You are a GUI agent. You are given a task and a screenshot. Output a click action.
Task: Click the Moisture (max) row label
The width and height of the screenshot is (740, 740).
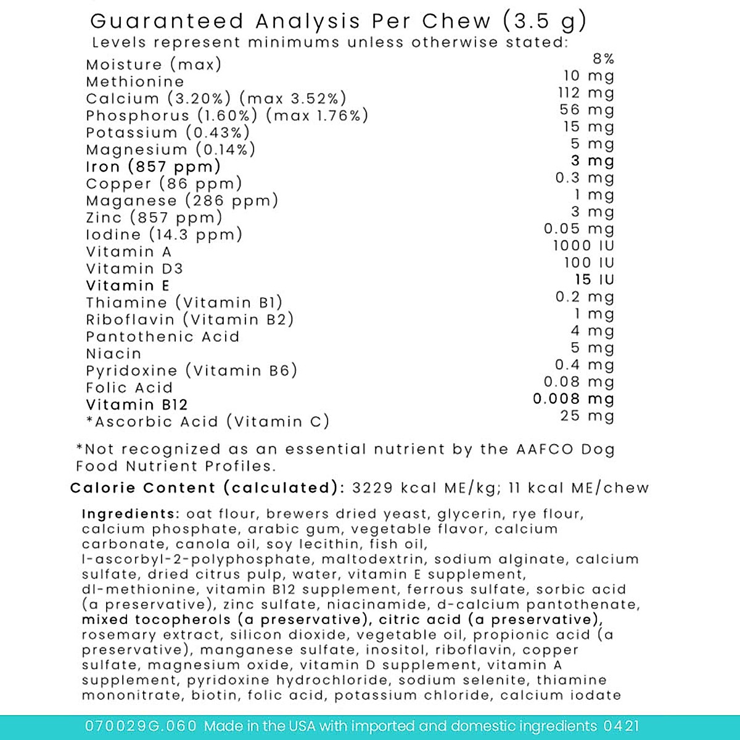(x=154, y=65)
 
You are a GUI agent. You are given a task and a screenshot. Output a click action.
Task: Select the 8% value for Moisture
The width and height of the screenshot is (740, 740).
(x=603, y=59)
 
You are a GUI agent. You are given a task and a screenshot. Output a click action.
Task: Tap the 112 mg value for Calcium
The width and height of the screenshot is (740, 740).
(x=586, y=93)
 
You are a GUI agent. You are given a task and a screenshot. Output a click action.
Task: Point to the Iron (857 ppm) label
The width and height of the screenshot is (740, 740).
(x=153, y=166)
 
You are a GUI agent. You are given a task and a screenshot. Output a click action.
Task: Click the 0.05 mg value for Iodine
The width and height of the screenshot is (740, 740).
(x=579, y=229)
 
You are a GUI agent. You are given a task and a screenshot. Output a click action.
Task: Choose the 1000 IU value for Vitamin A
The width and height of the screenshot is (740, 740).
(x=583, y=245)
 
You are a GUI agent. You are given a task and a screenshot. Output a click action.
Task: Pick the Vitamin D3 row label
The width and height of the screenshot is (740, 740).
(x=134, y=269)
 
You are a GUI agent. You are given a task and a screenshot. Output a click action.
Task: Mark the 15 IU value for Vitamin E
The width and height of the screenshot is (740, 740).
(x=594, y=280)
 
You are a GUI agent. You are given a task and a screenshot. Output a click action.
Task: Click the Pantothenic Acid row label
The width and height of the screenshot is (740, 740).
(x=162, y=337)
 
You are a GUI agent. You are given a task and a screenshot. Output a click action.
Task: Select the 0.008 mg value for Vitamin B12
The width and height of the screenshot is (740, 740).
(x=573, y=399)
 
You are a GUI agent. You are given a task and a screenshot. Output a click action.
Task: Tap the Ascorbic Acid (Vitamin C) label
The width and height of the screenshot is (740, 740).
(x=208, y=422)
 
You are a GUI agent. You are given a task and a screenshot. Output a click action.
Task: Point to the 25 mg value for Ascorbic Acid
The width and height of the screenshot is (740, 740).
(x=587, y=416)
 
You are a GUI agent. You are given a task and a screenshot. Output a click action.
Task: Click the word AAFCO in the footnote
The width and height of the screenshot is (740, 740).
(x=545, y=450)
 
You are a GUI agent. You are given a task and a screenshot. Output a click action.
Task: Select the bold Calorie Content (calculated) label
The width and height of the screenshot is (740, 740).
(x=207, y=488)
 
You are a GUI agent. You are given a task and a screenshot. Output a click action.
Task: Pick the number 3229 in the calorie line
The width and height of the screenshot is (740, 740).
(x=372, y=488)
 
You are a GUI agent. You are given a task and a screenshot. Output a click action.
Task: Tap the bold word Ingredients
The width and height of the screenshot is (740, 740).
(x=130, y=514)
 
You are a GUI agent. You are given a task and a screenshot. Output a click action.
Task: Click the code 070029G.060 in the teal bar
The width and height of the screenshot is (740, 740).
(x=141, y=726)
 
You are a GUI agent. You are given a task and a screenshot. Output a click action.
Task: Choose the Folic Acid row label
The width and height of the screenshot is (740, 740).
(x=129, y=388)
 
